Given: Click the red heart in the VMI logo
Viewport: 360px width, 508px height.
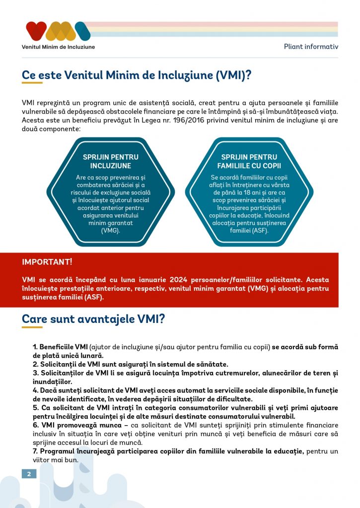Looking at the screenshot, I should click(x=36, y=30).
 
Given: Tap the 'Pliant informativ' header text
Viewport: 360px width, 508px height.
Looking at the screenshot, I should click(x=311, y=47).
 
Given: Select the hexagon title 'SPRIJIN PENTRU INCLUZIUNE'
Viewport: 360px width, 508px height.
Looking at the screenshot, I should click(x=111, y=161).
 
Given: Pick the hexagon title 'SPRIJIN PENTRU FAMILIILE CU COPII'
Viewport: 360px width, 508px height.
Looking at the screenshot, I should click(x=249, y=161).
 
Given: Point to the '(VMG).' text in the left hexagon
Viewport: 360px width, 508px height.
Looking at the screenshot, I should click(x=111, y=230).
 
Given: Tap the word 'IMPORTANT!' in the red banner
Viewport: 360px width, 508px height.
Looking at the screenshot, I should click(x=47, y=261).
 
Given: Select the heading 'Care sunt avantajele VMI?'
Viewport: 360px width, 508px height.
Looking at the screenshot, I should click(x=93, y=319).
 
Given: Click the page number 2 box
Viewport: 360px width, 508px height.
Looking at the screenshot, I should click(x=29, y=474).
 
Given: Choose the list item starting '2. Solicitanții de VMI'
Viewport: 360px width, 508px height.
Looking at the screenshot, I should click(x=131, y=364).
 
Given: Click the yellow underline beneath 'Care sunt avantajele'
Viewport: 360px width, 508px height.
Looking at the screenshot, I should click(x=32, y=327).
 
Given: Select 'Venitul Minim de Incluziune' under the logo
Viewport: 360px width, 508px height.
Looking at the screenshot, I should click(x=58, y=47).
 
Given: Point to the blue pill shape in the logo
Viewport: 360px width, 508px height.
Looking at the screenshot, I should click(x=82, y=31).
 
